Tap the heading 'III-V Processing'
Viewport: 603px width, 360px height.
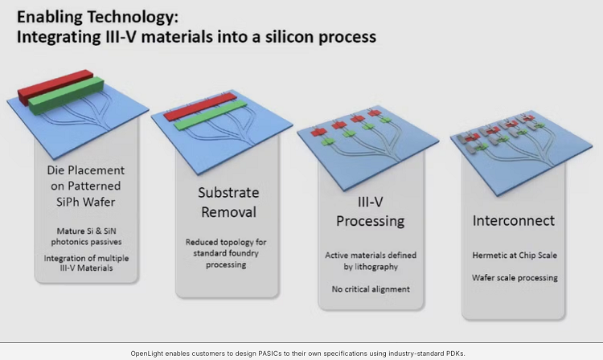[x=369, y=211]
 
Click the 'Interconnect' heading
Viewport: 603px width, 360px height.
[x=514, y=219]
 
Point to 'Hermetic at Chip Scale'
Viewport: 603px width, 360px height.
[x=514, y=256]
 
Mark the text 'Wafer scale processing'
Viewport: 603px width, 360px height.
[x=514, y=278]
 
